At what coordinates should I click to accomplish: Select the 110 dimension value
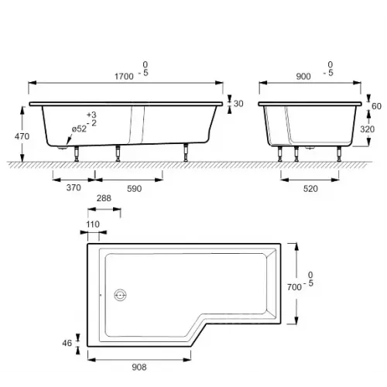click(93, 224)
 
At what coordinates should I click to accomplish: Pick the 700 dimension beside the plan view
click(293, 286)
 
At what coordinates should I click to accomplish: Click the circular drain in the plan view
click(120, 295)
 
